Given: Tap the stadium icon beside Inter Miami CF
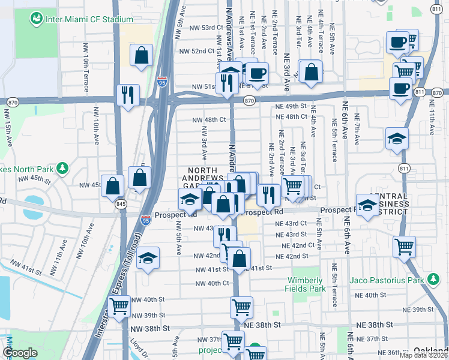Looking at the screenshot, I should point(37,19).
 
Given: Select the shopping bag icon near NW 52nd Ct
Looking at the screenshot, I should point(141,56).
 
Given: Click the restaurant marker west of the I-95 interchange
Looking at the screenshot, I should point(128,95).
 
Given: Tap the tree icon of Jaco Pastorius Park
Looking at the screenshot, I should point(433,279).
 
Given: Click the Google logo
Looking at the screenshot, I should point(20,353).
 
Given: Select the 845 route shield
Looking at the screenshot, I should point(121,204).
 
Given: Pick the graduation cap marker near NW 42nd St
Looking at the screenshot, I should point(147,259).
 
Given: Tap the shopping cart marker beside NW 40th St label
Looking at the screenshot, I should point(119,307).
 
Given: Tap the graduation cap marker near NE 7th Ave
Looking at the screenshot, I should point(397,139).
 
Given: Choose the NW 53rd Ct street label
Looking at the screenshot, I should point(201,28).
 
